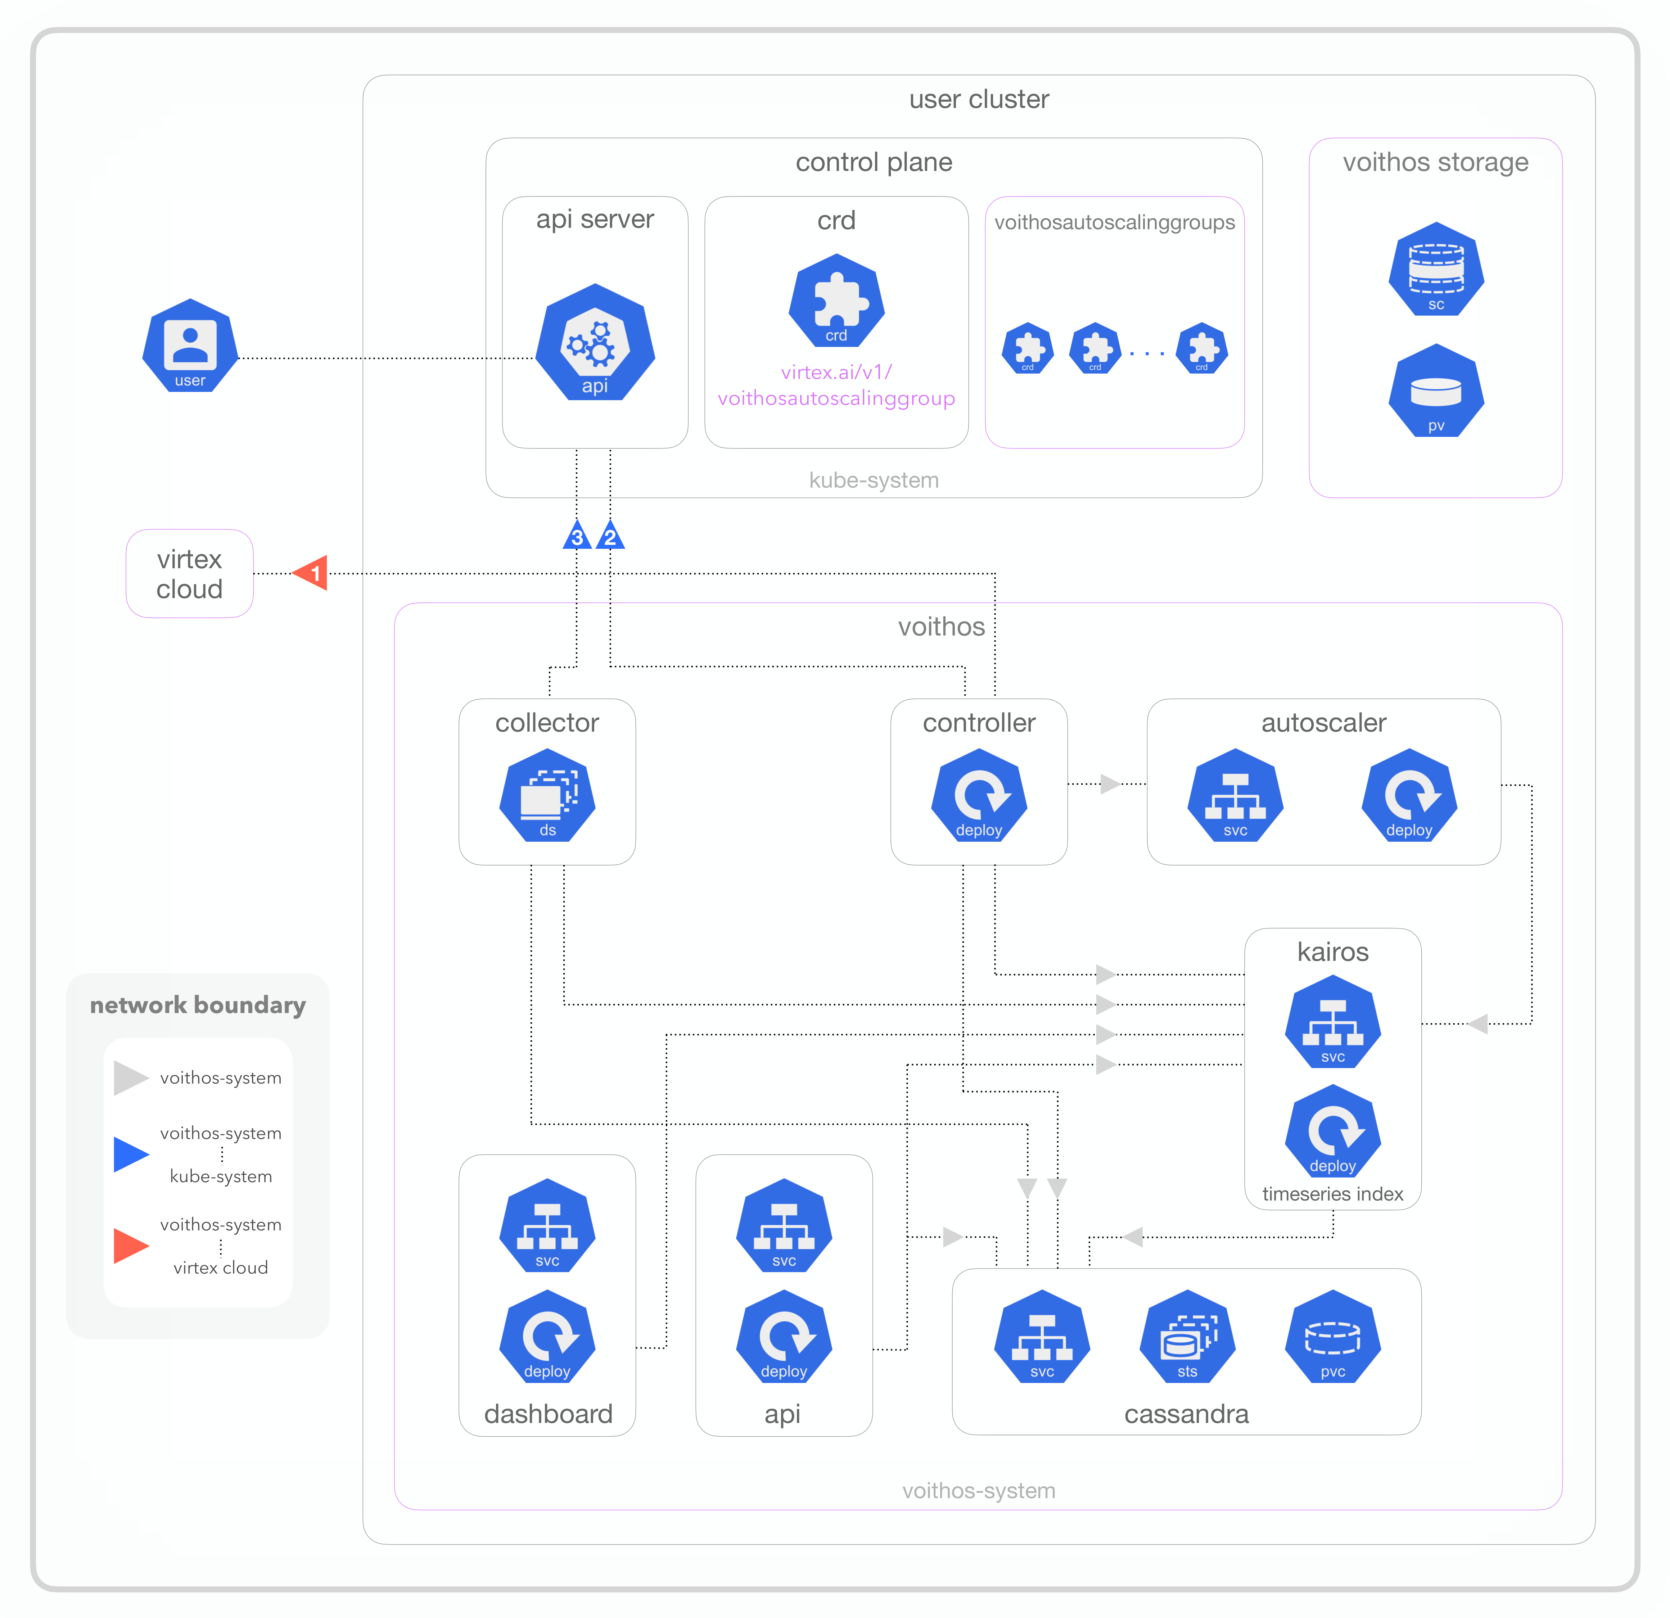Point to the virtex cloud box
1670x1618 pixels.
[x=189, y=573]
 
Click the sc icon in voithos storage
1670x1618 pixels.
[x=1436, y=269]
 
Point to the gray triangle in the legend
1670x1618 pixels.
[x=130, y=1078]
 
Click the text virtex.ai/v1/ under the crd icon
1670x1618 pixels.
[x=836, y=372]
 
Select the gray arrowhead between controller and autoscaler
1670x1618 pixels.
[x=1109, y=784]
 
